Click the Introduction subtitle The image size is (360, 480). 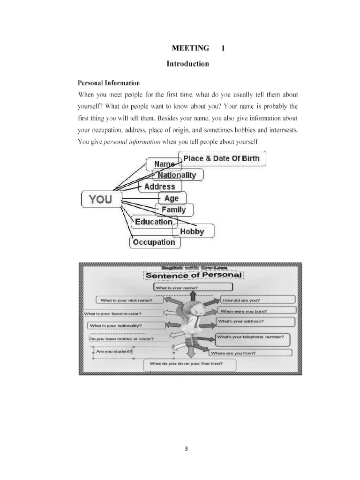[187, 64]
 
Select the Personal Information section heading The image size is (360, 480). [108, 83]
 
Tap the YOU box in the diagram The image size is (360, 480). [101, 199]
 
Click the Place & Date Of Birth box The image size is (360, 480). [222, 158]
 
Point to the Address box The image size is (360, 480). [160, 187]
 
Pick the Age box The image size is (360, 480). [172, 198]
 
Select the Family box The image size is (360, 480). [174, 210]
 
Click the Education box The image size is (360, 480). [154, 222]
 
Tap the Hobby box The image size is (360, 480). [193, 231]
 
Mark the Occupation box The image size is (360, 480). [154, 242]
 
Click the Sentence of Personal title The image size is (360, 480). [193, 275]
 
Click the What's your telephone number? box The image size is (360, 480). [252, 338]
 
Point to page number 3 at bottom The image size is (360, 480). [186, 449]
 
